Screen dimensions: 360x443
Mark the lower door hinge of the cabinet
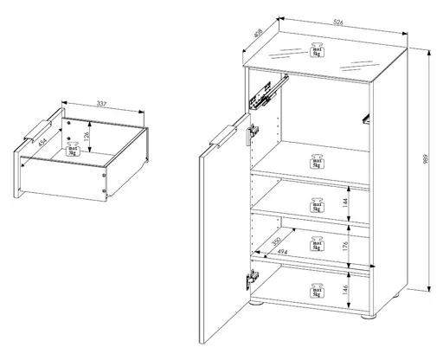pos(251,279)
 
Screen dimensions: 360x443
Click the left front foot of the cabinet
pos(258,305)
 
